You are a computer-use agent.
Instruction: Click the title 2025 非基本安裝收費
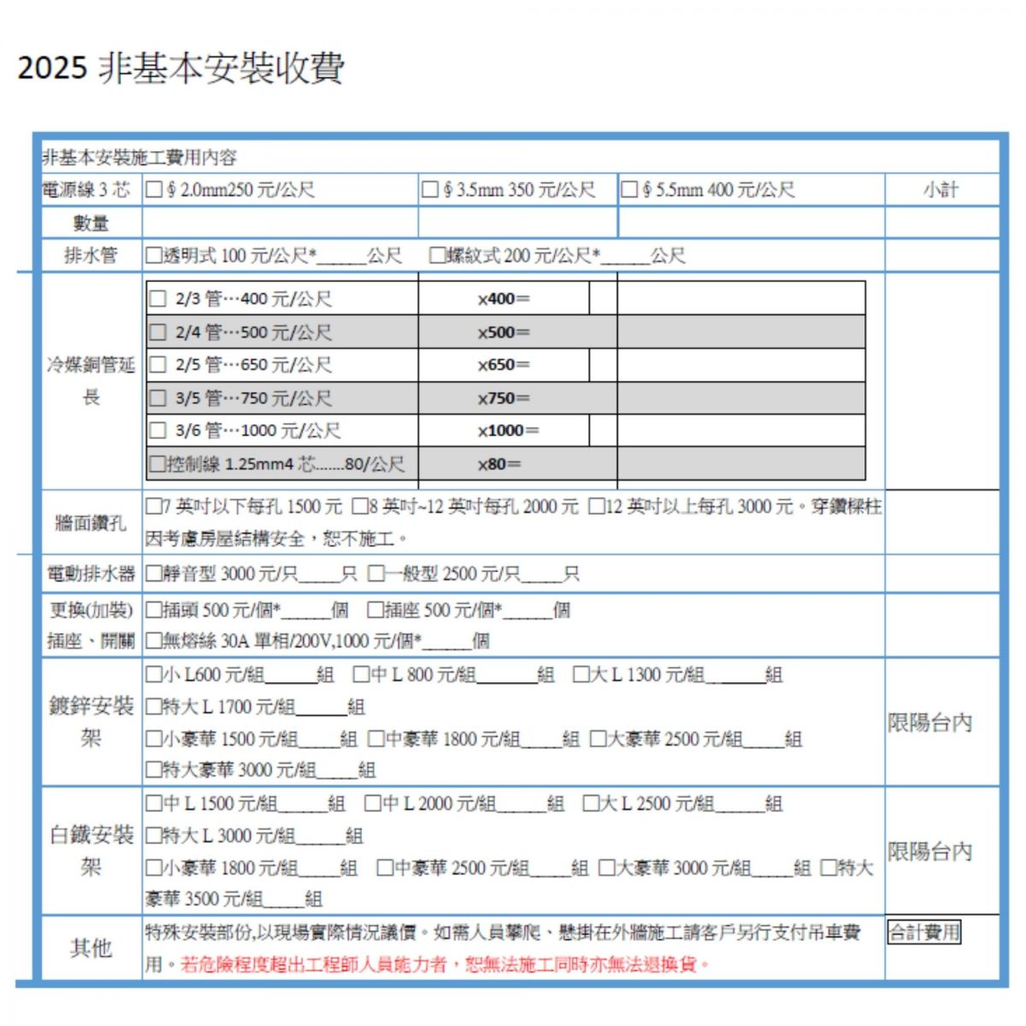coord(180,68)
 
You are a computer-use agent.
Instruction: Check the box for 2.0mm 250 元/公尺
coord(154,190)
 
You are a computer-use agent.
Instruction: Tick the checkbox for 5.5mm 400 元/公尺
coord(629,190)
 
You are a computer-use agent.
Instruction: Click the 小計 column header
coord(940,190)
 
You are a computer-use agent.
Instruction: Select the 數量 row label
coord(91,223)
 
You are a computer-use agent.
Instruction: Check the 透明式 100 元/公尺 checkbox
coord(154,255)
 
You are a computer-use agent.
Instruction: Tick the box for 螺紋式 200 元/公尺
coord(438,255)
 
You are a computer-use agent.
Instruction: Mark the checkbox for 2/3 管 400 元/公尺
coord(158,299)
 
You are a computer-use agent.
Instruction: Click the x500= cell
coord(504,333)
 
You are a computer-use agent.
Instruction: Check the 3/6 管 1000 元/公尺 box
coord(158,431)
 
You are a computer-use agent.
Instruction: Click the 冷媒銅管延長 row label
coord(91,380)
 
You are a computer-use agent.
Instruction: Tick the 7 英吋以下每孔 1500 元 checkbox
coord(154,507)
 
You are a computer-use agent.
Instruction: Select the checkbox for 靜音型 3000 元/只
coord(154,574)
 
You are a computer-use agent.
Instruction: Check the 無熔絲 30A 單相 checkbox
coord(154,640)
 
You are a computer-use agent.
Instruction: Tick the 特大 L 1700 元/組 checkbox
coord(154,707)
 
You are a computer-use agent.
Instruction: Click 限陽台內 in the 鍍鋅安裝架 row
coord(929,722)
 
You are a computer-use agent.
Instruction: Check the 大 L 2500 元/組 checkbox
coord(591,804)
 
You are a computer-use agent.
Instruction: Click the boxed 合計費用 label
coord(924,932)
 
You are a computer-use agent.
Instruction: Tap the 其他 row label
coord(91,947)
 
